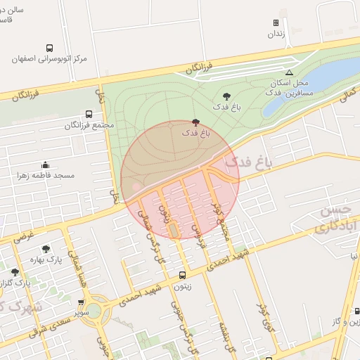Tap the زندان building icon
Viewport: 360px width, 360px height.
click(276, 23)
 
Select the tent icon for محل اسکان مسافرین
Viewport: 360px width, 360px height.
click(289, 72)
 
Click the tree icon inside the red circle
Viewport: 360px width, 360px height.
click(195, 122)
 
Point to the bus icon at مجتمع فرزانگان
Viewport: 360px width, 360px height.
click(89, 114)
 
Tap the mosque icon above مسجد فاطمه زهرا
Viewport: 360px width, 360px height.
click(46, 164)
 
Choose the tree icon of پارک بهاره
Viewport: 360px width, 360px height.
click(46, 249)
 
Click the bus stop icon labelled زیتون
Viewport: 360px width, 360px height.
click(183, 276)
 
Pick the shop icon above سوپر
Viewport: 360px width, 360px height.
click(82, 303)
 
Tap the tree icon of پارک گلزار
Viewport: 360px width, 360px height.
click(15, 272)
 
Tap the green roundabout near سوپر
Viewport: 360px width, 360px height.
click(94, 311)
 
